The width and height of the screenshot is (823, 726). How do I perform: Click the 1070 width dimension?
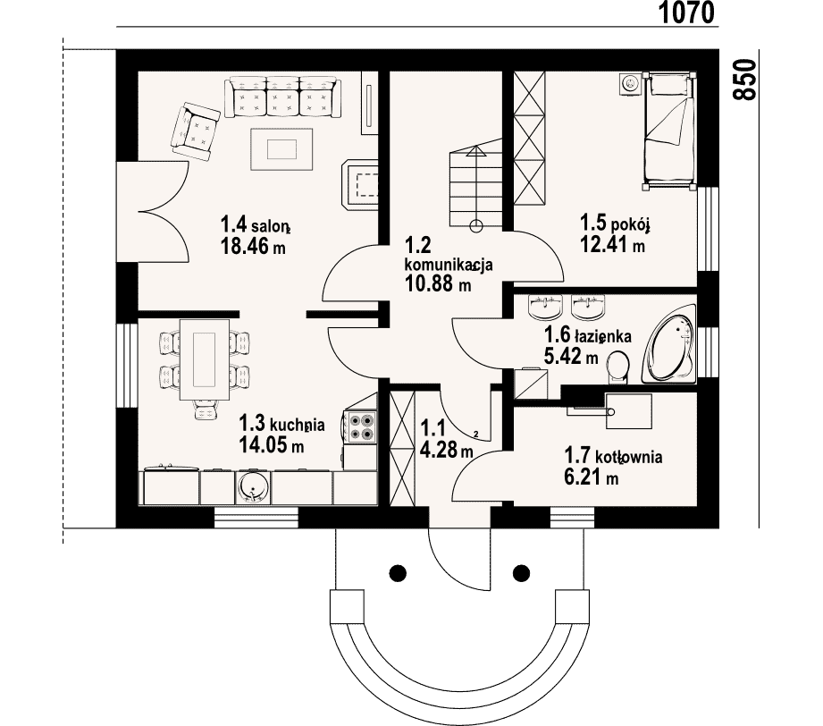click(x=686, y=13)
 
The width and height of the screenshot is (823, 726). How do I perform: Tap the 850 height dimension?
click(x=744, y=80)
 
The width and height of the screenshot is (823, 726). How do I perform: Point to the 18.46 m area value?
click(x=253, y=246)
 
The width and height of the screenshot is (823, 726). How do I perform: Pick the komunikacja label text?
click(x=449, y=265)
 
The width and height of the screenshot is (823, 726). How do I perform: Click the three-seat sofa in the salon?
click(x=282, y=97)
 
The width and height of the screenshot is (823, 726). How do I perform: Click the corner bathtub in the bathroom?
click(x=668, y=346)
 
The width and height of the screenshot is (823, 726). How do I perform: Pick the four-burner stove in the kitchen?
click(x=362, y=426)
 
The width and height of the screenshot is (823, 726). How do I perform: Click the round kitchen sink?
click(x=254, y=488)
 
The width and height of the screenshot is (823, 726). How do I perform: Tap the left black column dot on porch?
click(x=398, y=572)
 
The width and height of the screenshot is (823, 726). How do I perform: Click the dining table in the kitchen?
click(x=205, y=359)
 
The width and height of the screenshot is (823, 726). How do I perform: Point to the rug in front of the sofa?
click(x=281, y=149)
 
